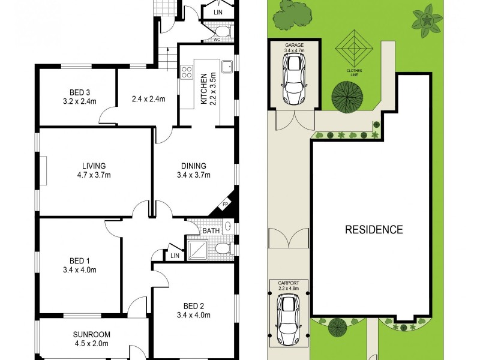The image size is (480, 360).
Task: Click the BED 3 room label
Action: [79, 96]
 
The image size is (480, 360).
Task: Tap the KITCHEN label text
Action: [204, 89]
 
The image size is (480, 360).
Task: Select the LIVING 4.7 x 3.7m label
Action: [94, 170]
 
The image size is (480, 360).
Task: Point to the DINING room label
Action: [194, 170]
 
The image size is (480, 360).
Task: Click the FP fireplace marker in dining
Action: [226, 204]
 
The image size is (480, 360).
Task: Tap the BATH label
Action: [211, 230]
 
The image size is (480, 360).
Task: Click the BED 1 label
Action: [79, 265]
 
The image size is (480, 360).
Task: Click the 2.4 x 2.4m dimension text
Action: [148, 100]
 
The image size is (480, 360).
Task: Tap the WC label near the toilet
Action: [217, 40]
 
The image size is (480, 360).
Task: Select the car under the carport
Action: [289, 319]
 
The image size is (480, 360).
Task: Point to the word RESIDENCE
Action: [373, 229]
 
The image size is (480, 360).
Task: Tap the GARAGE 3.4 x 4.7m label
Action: [294, 48]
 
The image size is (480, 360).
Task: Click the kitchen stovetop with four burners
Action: [186, 73]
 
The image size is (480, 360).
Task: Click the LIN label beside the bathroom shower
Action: [175, 256]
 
